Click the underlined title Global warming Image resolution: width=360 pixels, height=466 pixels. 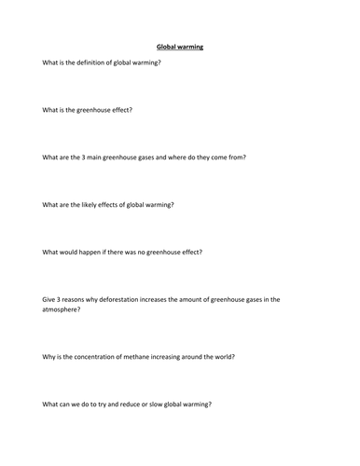tap(176, 47)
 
